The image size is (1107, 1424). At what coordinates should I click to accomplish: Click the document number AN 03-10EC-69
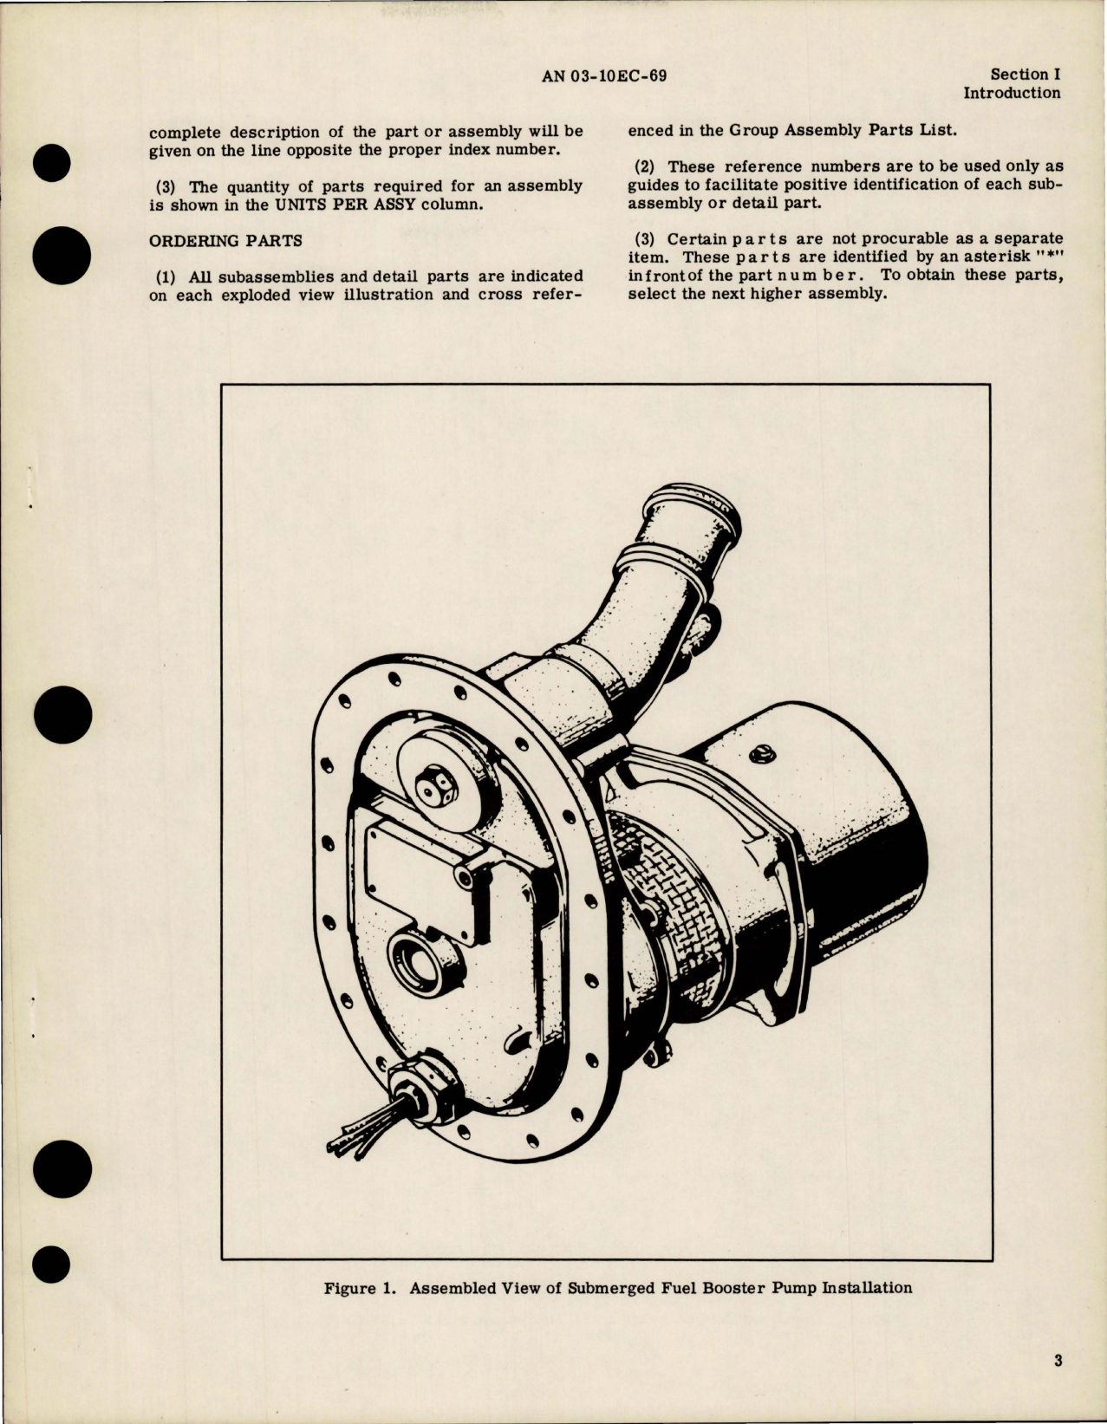point(604,75)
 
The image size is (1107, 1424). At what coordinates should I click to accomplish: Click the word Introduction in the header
point(1012,93)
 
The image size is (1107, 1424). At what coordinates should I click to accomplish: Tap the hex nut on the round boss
point(429,787)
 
